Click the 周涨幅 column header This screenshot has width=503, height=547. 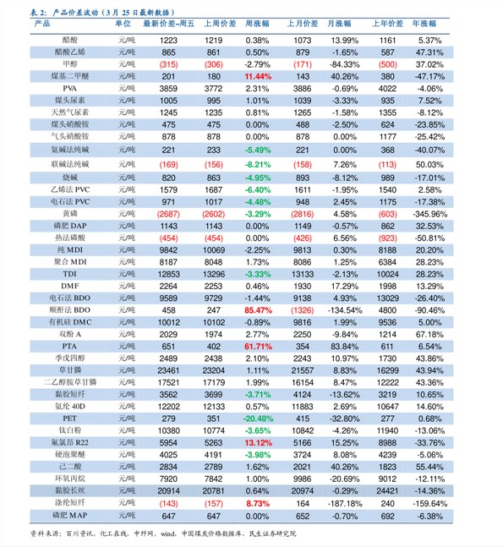[257, 24]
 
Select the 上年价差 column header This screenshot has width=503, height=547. [387, 24]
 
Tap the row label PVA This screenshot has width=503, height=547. [70, 89]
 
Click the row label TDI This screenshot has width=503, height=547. [70, 274]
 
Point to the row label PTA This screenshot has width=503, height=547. [69, 347]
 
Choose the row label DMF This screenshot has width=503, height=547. [70, 286]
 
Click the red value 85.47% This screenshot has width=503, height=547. [258, 310]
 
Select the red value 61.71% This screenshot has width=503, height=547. [258, 347]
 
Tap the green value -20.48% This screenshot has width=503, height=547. [258, 418]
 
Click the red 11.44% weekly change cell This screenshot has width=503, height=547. [258, 76]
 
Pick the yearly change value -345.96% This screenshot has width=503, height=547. [429, 214]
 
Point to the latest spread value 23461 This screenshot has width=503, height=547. [168, 370]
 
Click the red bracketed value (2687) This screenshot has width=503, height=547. [168, 214]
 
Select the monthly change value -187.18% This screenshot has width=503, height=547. [345, 504]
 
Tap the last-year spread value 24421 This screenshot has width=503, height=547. [387, 491]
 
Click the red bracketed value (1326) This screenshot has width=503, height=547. [303, 310]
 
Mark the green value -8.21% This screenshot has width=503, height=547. [258, 165]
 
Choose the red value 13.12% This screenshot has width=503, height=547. [258, 443]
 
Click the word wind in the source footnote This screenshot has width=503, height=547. [167, 533]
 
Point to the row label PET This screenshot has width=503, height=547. [69, 418]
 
